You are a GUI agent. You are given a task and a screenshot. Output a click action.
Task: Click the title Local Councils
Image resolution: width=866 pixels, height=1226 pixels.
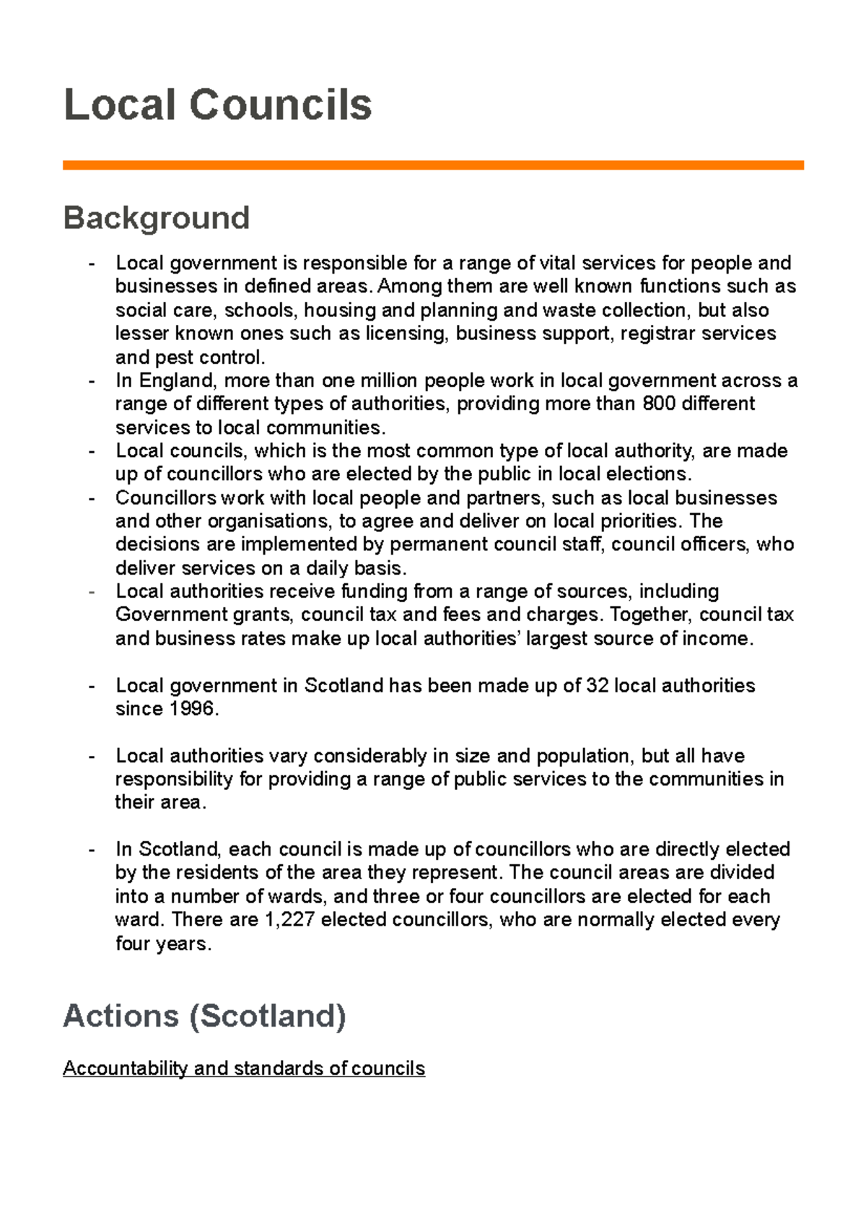pyautogui.click(x=217, y=105)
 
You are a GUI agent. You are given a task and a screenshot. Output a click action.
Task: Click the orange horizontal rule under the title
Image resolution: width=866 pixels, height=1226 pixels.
pyautogui.click(x=433, y=165)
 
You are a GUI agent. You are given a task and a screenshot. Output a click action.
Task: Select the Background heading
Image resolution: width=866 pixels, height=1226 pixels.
pyautogui.click(x=157, y=218)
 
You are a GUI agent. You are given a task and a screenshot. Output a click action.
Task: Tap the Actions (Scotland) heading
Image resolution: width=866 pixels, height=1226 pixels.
pyautogui.click(x=204, y=1016)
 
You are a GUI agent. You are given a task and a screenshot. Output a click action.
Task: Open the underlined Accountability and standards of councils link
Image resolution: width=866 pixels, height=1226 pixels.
pyautogui.click(x=243, y=1069)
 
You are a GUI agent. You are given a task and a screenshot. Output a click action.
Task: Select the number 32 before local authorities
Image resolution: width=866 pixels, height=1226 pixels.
pyautogui.click(x=598, y=686)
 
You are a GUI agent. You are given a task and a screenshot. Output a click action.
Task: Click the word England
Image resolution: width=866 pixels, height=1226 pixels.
pyautogui.click(x=176, y=381)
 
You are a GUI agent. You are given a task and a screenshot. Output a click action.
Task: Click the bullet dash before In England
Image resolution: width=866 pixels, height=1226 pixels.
pyautogui.click(x=92, y=381)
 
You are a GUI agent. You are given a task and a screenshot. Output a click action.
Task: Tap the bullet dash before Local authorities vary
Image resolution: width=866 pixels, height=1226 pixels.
pyautogui.click(x=92, y=756)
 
